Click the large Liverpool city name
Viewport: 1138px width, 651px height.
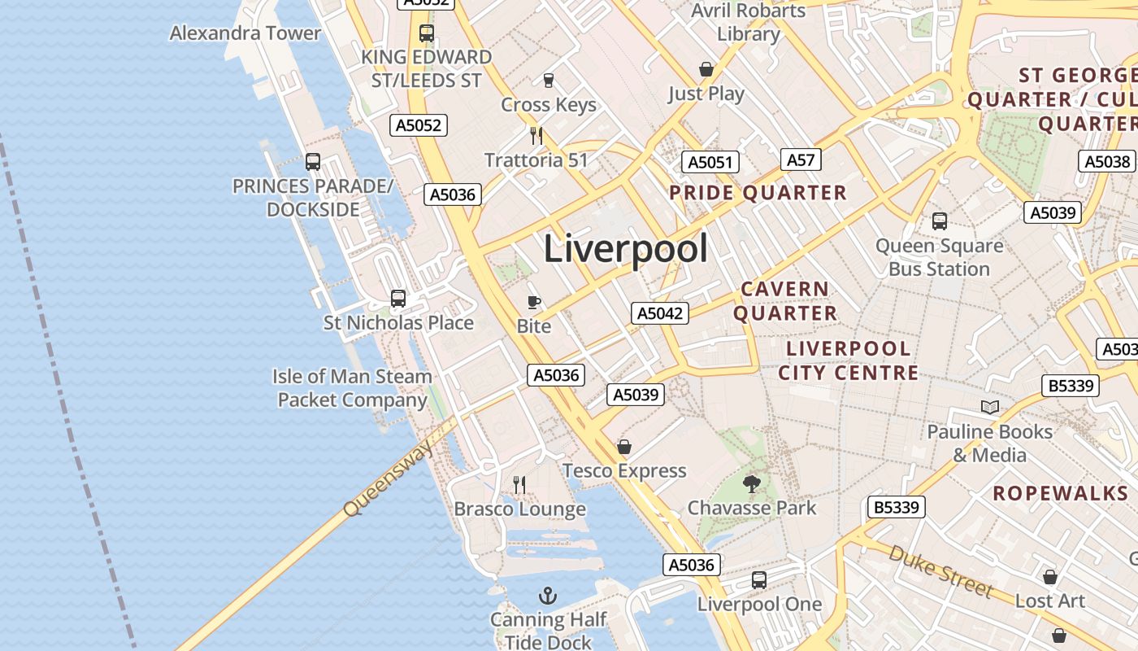tap(625, 247)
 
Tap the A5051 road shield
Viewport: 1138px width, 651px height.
tap(710, 162)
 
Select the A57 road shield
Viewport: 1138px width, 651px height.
tap(801, 159)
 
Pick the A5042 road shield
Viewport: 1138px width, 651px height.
tap(660, 313)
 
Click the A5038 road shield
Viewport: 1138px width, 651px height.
tap(1107, 161)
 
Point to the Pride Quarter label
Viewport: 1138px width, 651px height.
tap(758, 193)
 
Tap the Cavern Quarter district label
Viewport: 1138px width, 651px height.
tap(785, 301)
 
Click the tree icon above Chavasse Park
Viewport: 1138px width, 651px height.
tap(751, 484)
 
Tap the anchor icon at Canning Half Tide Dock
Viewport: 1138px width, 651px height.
tap(548, 596)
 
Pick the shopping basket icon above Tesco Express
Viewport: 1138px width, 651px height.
tap(624, 447)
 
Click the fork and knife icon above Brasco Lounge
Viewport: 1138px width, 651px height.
tap(519, 485)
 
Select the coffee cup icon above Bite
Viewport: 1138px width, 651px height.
tap(534, 303)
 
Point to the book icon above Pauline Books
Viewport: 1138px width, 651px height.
tap(989, 407)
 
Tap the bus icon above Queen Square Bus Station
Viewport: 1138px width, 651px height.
tap(939, 221)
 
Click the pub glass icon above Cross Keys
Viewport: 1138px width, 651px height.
tap(548, 81)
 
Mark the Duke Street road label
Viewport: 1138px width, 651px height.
tap(940, 572)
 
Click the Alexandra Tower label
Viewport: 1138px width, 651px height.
tap(245, 33)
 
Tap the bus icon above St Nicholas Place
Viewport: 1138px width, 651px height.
tap(397, 299)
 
